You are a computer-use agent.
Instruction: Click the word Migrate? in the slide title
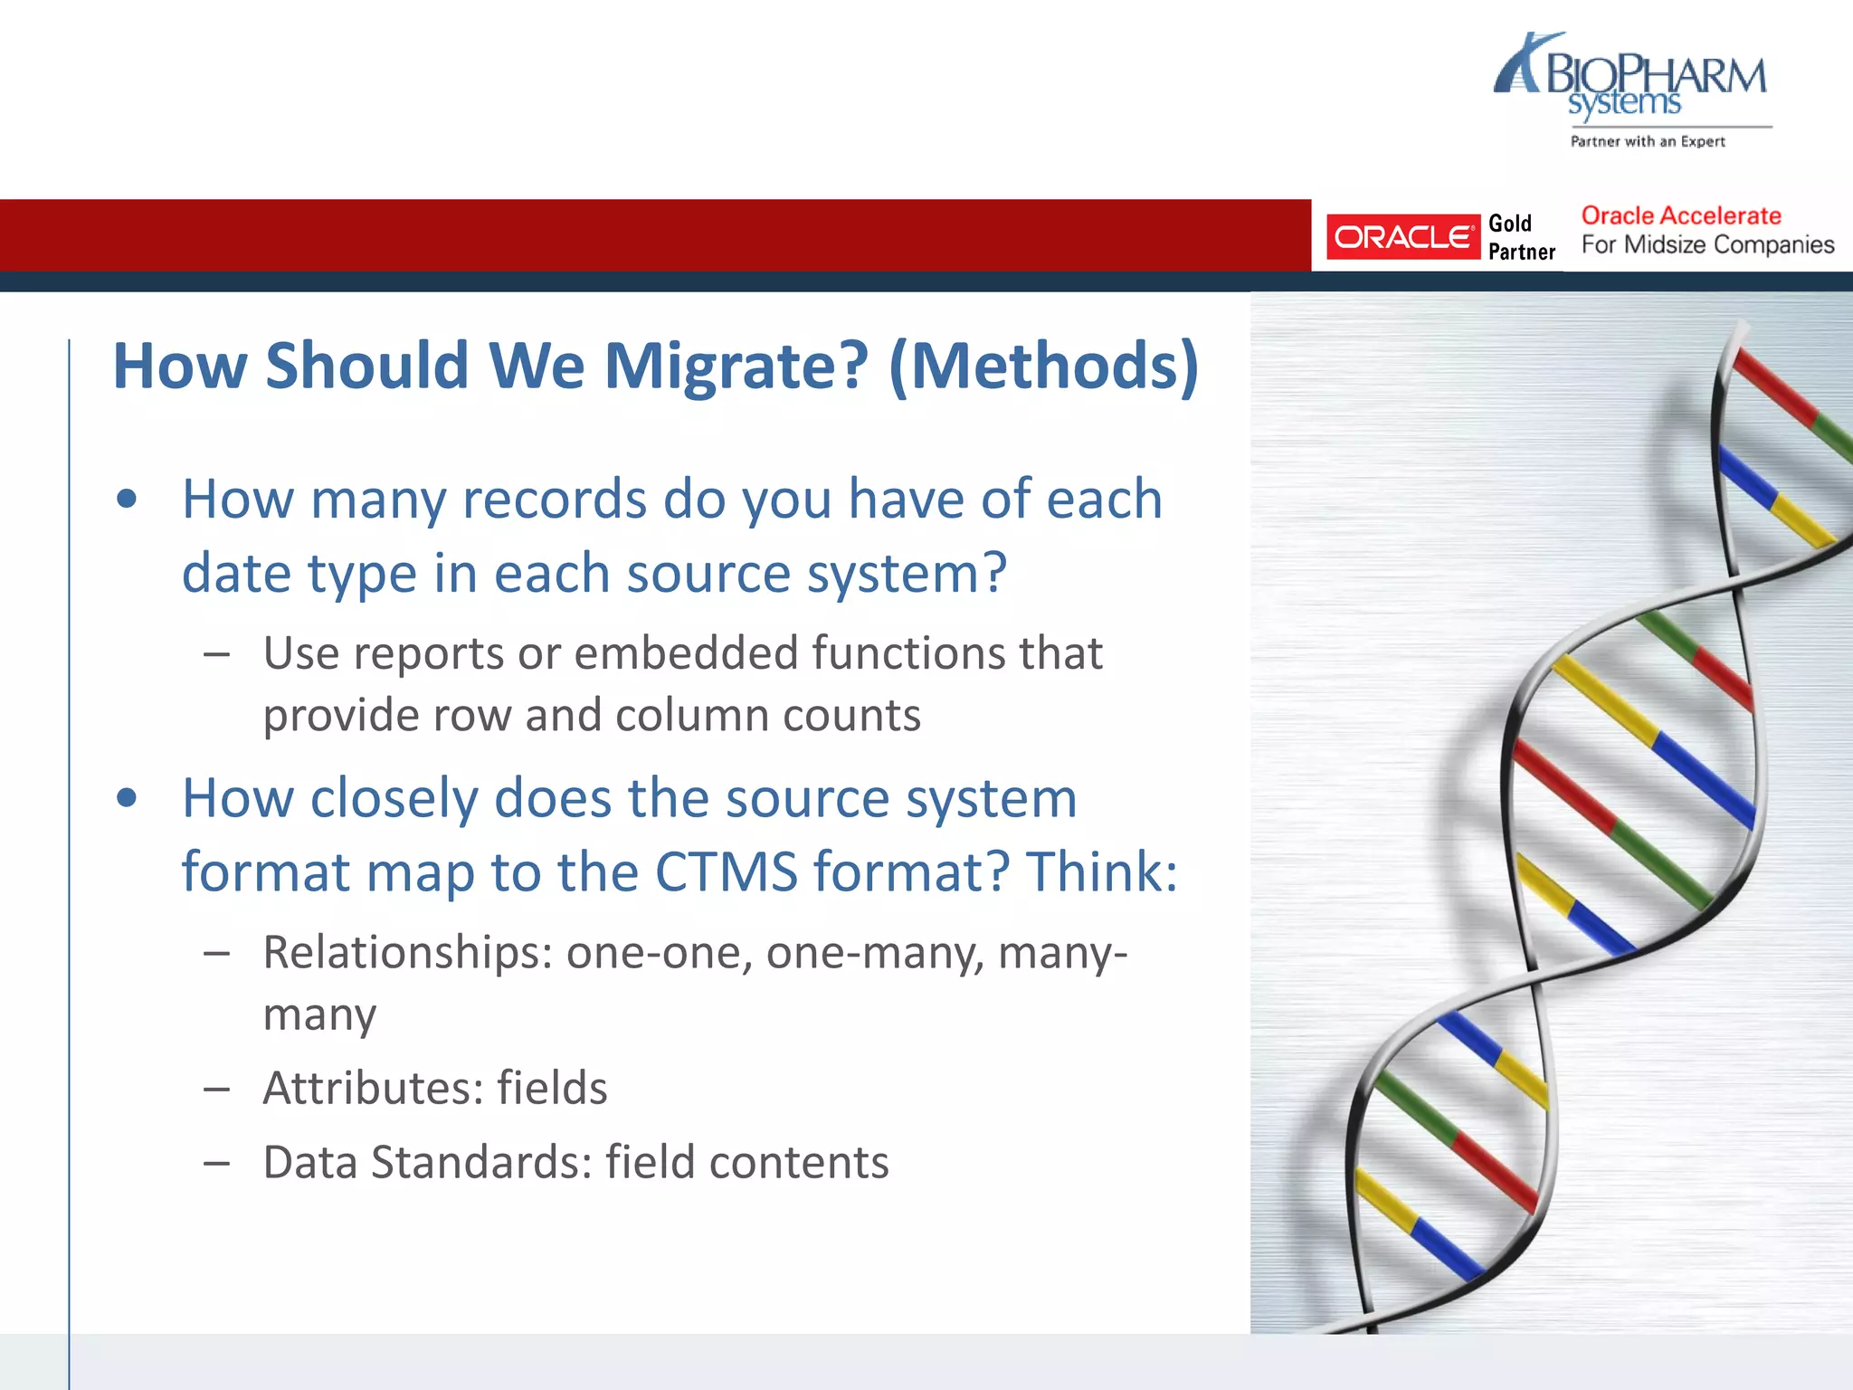(736, 367)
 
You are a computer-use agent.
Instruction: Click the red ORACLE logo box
(1402, 237)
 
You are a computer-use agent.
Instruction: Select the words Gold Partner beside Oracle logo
(1521, 237)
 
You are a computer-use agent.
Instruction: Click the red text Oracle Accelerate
(1680, 215)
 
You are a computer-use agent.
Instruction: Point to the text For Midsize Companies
(1707, 245)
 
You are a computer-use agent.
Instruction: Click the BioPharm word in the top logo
(1656, 75)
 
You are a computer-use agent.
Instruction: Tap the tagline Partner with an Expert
(1647, 141)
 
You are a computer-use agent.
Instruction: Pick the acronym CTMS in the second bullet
(726, 872)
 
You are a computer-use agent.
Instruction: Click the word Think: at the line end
(1101, 872)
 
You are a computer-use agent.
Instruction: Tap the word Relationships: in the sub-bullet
(407, 953)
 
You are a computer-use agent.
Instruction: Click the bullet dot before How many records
(127, 499)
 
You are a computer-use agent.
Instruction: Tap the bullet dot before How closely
(127, 798)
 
